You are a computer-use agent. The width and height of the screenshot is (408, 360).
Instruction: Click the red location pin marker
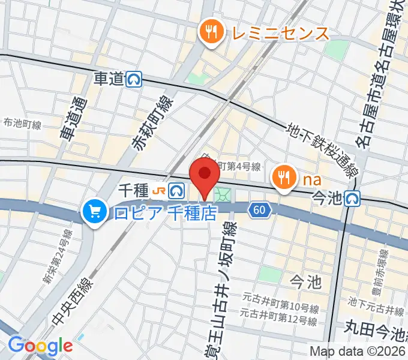(204, 176)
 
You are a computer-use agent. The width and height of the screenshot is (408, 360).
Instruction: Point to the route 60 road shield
(259, 210)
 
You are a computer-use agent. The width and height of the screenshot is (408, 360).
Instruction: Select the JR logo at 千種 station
(160, 191)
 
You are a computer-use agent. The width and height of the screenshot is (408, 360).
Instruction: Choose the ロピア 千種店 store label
(163, 212)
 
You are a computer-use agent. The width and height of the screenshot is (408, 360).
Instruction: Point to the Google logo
(40, 345)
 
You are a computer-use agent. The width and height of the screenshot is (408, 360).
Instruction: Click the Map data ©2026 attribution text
(358, 352)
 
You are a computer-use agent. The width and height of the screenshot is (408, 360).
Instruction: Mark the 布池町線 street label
(22, 124)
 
